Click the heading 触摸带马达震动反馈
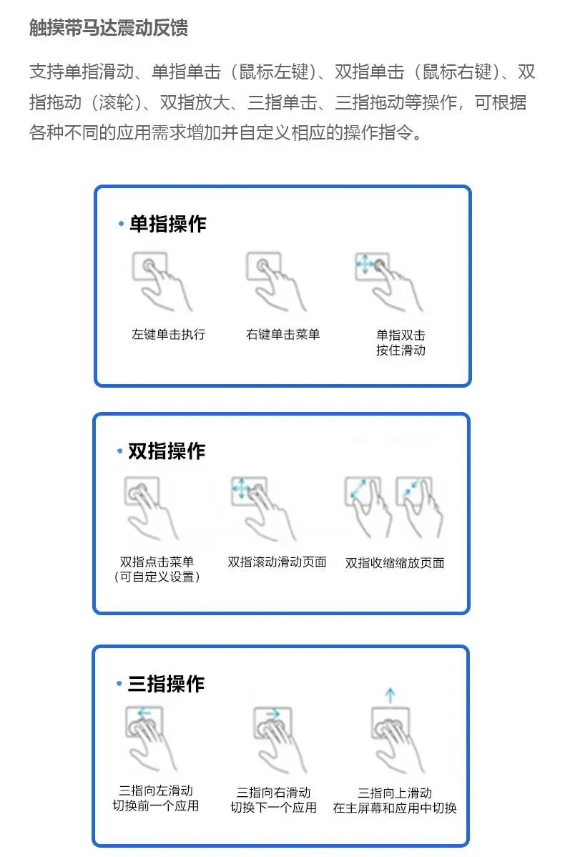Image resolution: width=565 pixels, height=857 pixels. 108,27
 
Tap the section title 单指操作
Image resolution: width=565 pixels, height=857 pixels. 168,224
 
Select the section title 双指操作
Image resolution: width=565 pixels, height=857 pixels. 167,451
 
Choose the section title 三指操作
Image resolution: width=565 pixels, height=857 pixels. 166,684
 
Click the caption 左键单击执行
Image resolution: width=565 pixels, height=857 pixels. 168,335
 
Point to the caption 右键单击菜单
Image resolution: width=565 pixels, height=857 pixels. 282,335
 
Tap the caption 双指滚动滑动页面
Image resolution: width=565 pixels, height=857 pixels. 277,562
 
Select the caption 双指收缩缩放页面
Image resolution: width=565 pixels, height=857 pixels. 395,563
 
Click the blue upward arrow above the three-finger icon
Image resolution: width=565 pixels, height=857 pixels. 390,695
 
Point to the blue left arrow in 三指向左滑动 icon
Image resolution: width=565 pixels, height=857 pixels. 144,713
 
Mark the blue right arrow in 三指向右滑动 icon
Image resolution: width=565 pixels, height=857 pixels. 272,714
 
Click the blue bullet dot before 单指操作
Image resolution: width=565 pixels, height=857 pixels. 121,223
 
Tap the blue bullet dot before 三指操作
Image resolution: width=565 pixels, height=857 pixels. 119,684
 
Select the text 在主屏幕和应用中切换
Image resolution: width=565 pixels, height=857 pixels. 395,808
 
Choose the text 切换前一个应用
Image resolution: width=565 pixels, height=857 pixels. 156,806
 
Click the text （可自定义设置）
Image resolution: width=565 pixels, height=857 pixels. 157,577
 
